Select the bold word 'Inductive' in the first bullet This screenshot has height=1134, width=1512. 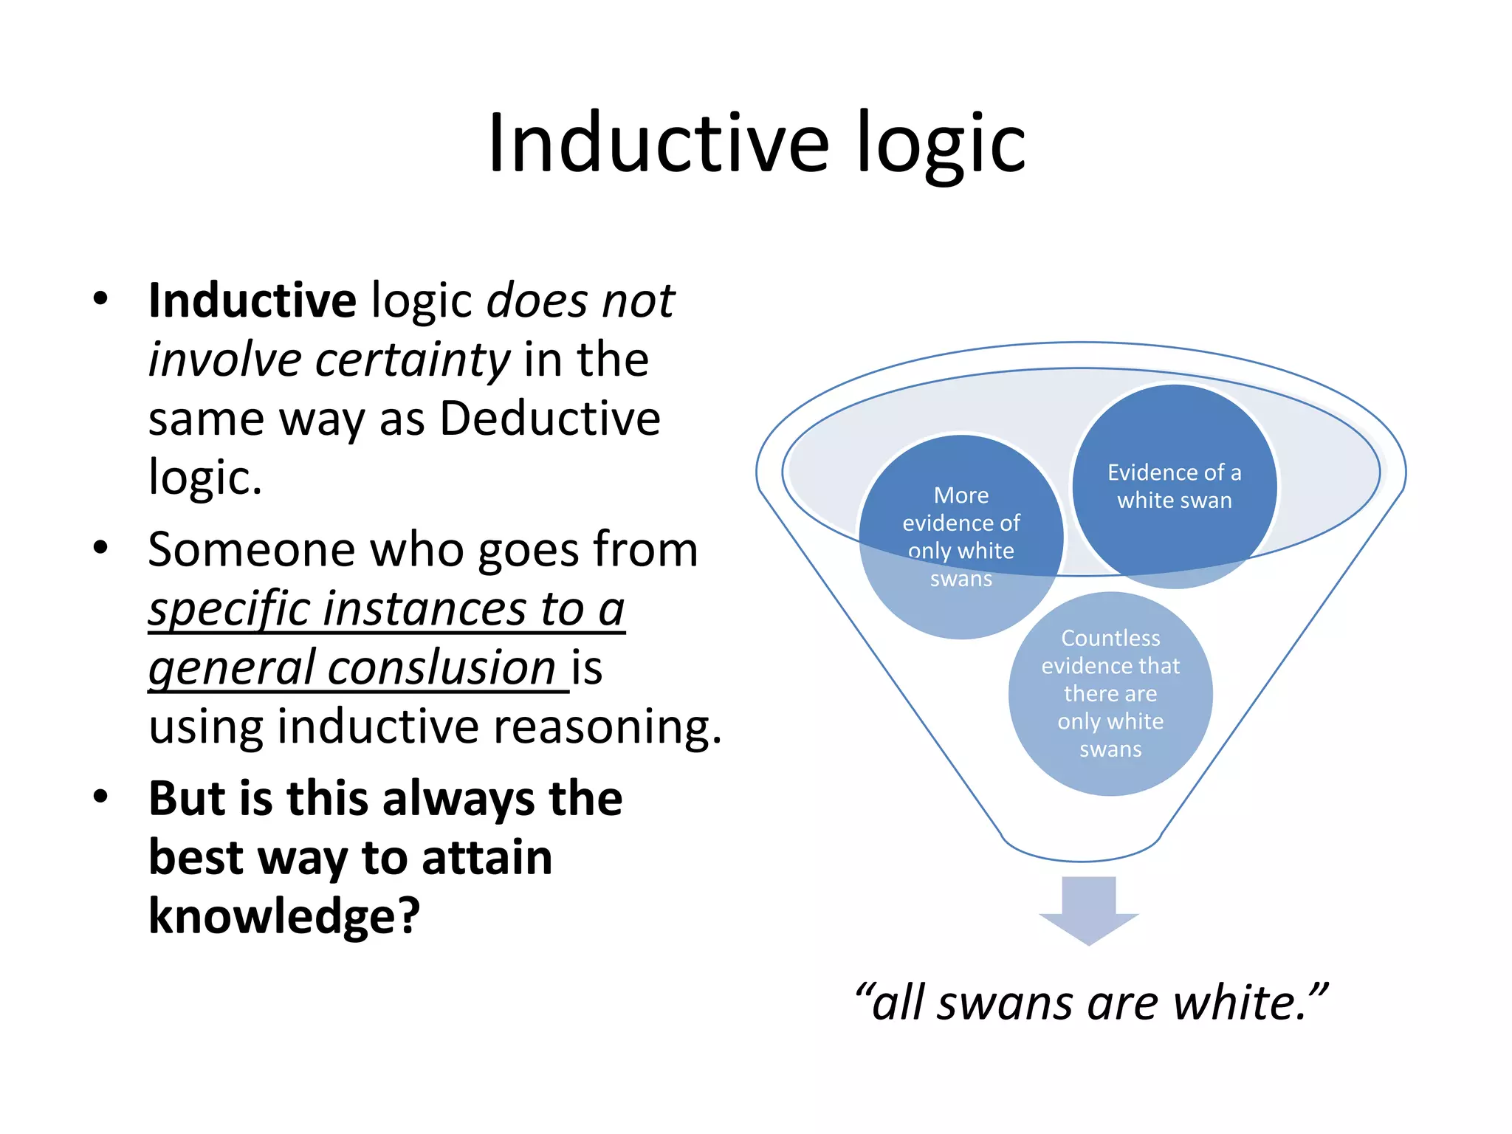click(x=252, y=301)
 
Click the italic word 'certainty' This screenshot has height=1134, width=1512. click(x=413, y=360)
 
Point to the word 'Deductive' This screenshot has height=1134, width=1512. click(x=550, y=419)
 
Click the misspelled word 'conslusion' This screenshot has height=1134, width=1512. click(x=441, y=668)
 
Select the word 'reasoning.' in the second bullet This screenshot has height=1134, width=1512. click(x=607, y=726)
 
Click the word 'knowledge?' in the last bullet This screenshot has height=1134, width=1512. click(x=284, y=916)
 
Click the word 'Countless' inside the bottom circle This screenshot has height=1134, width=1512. click(x=1110, y=638)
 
